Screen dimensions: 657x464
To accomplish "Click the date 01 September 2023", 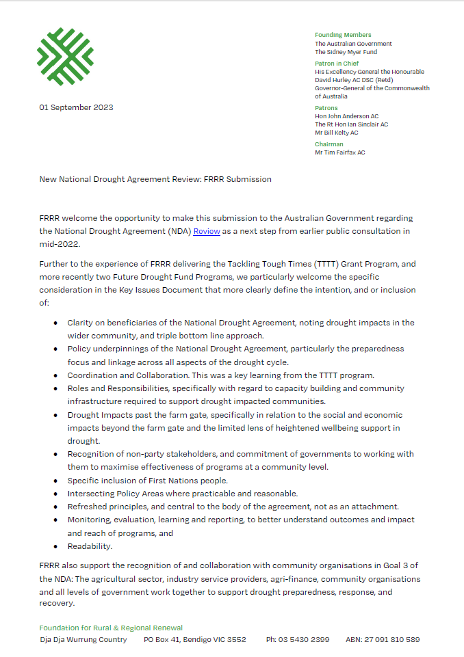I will click(77, 107).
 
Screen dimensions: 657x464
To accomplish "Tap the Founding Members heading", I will click(343, 35).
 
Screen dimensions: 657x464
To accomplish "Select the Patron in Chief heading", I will click(336, 64).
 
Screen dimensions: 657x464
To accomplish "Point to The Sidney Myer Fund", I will click(346, 52).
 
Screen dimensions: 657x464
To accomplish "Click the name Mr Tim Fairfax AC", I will click(339, 152).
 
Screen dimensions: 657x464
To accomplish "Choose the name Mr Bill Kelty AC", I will click(336, 133).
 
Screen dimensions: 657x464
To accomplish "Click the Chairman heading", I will click(328, 144).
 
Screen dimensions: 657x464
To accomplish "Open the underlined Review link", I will click(207, 231).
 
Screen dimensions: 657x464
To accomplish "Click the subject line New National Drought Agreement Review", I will click(155, 179).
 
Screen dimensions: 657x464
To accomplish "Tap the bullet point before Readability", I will click(55, 546).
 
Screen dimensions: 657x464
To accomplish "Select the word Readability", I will click(90, 546).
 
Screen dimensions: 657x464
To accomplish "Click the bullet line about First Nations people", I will click(147, 480).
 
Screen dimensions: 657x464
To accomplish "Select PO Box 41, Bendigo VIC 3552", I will click(195, 640).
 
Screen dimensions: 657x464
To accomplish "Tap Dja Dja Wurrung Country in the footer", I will click(83, 640).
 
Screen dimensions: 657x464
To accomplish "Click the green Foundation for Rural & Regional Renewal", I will click(111, 628).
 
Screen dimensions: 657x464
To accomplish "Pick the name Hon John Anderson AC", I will click(346, 116).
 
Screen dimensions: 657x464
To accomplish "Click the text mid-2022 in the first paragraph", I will click(60, 243).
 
